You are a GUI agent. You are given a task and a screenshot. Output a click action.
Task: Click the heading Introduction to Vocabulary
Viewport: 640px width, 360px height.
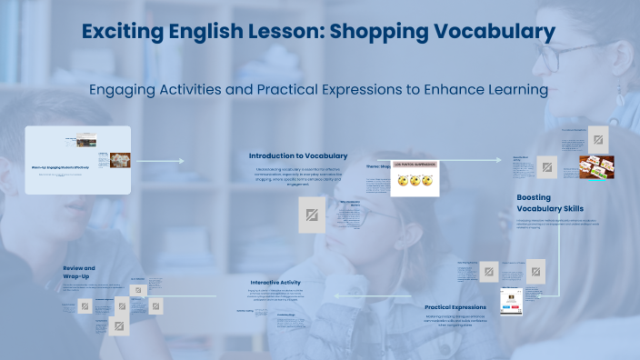298,155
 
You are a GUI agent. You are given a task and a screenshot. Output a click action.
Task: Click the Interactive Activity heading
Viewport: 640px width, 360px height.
276,283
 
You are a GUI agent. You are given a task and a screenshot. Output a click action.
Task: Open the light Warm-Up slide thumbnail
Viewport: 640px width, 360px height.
78,160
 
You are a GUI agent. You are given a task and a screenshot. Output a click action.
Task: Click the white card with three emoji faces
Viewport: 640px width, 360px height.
415,178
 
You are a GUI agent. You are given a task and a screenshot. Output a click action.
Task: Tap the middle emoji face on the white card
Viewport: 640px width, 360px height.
415,181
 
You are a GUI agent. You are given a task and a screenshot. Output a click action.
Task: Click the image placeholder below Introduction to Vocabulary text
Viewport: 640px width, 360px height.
312,215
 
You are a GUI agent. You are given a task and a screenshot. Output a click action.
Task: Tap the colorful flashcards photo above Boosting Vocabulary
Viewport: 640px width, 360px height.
596,167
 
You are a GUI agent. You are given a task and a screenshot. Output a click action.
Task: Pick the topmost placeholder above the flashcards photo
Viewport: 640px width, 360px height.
597,139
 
